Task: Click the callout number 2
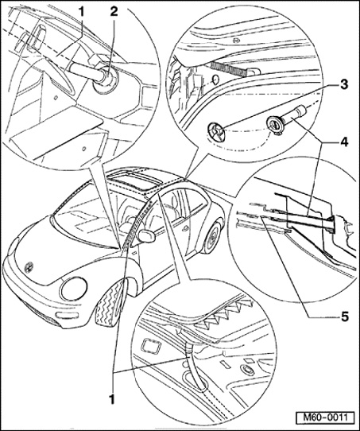[x=114, y=13]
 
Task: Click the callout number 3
[x=343, y=85]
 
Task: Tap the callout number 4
[x=344, y=142]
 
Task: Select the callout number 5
[x=344, y=317]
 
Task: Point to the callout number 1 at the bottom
[x=112, y=399]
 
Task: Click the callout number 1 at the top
[x=82, y=13]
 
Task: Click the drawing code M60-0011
[x=325, y=417]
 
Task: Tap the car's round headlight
[x=74, y=289]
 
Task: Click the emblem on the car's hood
[x=29, y=266]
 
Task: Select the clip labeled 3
[x=216, y=131]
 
